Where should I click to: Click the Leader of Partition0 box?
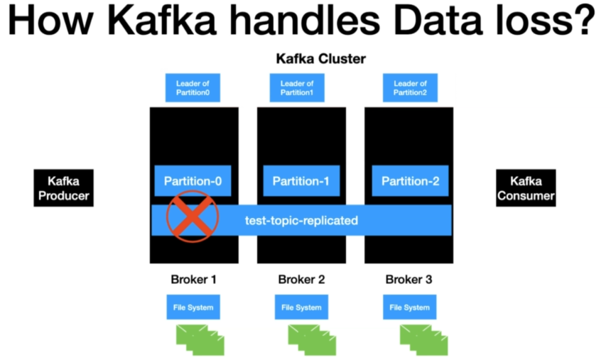(x=193, y=88)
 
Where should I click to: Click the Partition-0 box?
(x=193, y=181)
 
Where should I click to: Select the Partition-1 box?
(x=301, y=181)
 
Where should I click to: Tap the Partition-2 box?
(x=410, y=181)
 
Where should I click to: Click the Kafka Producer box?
(x=63, y=187)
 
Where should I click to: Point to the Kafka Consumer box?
(x=526, y=187)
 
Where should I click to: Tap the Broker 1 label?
(x=193, y=279)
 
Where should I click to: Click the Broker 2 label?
(x=301, y=279)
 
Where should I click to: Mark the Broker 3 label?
(x=409, y=279)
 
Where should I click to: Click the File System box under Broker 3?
(x=409, y=307)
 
